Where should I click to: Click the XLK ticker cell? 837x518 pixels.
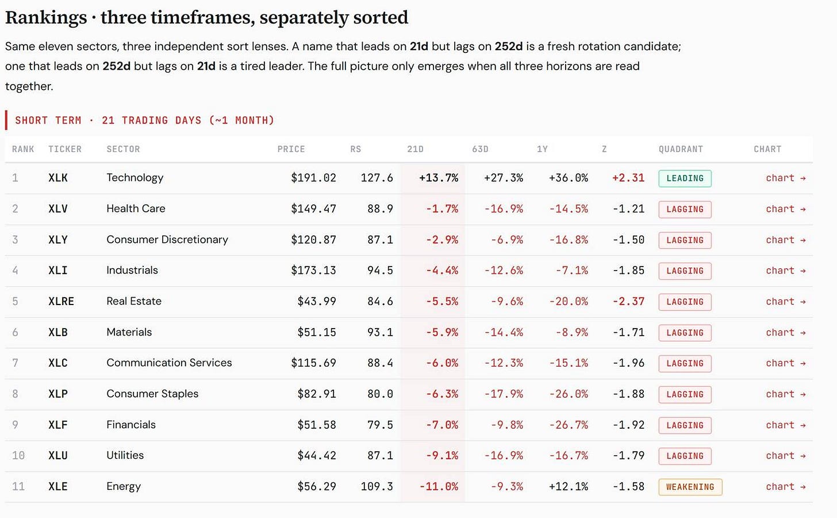point(58,178)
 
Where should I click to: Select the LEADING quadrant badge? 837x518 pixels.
point(685,178)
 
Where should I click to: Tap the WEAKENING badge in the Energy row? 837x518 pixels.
point(690,487)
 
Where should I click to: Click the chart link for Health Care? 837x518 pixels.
point(785,209)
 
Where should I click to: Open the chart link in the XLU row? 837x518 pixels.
point(785,455)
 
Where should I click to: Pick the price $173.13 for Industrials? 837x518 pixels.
point(313,270)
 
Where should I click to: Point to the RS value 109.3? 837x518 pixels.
point(377,486)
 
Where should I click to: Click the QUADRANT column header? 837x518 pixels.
point(681,149)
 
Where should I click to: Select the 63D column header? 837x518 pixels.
point(480,149)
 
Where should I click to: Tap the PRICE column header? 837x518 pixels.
point(291,149)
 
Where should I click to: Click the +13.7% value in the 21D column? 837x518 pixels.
point(439,178)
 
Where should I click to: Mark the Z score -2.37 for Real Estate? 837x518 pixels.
point(628,301)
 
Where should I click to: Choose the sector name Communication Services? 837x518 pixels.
point(169,363)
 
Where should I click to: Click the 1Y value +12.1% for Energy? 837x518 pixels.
point(569,486)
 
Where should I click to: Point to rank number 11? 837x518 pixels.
point(18,486)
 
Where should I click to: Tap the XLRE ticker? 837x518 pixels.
point(62,301)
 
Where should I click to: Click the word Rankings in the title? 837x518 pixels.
point(46,18)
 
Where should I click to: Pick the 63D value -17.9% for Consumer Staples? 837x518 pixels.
point(504,394)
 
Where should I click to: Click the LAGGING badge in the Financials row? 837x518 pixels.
point(685,425)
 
